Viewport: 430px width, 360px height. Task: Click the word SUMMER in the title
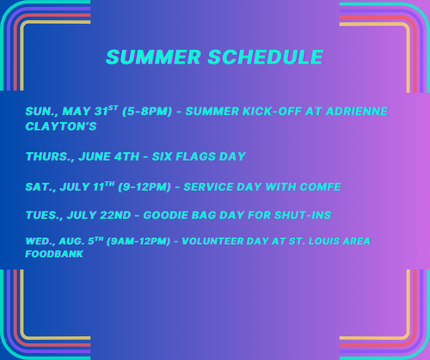click(154, 57)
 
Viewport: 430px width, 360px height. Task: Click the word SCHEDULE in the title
click(266, 57)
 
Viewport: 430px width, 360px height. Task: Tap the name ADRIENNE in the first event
click(357, 111)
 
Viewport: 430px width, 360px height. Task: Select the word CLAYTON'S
click(61, 126)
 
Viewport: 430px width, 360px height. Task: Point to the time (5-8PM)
click(147, 111)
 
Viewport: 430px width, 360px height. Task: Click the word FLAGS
click(195, 156)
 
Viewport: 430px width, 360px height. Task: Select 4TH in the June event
click(126, 156)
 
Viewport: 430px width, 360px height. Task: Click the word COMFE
click(320, 186)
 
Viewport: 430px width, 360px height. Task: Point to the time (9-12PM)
click(144, 186)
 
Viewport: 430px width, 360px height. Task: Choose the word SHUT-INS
click(303, 215)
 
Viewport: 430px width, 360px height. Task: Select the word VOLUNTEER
click(212, 241)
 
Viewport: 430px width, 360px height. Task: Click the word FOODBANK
click(54, 253)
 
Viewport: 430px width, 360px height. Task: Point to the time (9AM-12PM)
click(138, 241)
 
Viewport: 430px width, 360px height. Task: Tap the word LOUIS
click(323, 241)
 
